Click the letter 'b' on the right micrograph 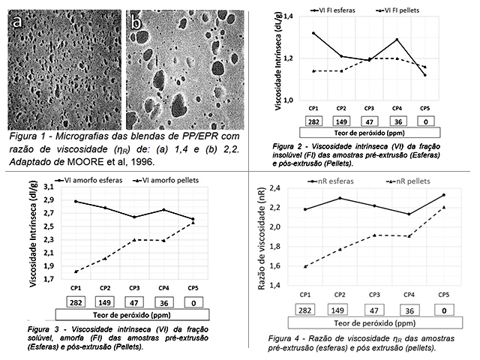[x=136, y=24]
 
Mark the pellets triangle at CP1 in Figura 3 [x=76, y=271]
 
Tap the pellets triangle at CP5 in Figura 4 [x=443, y=208]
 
